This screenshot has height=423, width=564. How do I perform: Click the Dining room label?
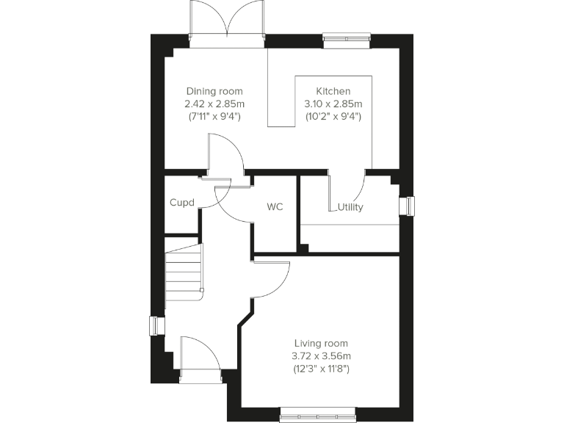(x=214, y=91)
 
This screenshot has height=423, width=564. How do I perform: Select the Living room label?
(x=320, y=343)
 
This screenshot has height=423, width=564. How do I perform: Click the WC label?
(x=275, y=207)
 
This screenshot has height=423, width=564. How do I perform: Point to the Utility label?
(x=350, y=207)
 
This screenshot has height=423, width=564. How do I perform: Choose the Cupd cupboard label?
(x=181, y=202)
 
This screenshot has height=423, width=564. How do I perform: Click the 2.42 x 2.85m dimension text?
(x=214, y=104)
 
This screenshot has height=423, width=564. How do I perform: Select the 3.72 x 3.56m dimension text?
(x=320, y=355)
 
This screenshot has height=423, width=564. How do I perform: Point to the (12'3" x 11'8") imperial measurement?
(x=320, y=368)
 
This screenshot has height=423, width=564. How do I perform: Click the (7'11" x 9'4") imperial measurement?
(x=214, y=116)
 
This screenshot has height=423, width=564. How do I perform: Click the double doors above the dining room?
(x=227, y=23)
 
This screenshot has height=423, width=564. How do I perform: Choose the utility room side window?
(x=407, y=206)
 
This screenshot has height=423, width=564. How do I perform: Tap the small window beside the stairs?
(x=156, y=325)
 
